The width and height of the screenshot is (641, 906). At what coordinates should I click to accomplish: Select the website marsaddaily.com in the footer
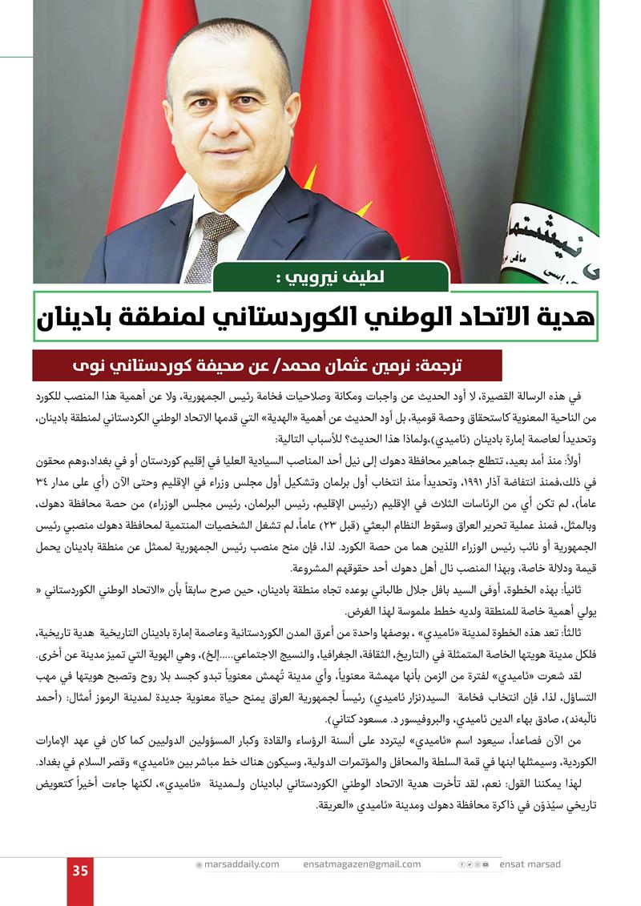point(240,864)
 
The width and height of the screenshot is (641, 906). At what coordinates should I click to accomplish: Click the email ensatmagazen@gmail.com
point(361,864)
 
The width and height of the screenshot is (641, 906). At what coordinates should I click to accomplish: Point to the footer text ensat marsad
point(530,864)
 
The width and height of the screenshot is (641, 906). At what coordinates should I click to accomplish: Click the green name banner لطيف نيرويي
point(330,278)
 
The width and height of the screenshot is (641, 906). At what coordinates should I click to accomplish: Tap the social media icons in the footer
point(473,864)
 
